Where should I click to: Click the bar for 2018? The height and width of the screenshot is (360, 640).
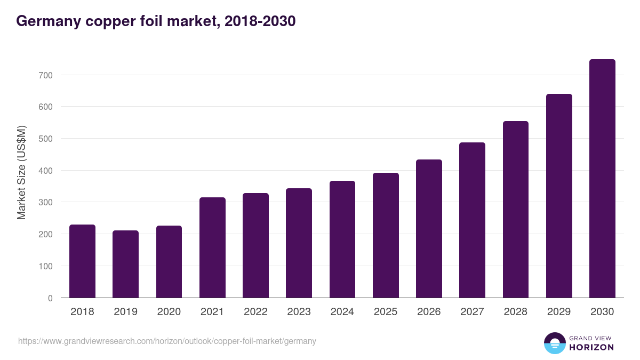82,261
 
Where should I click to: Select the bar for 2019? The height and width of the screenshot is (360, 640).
125,264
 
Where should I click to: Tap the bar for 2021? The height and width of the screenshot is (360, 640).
212,247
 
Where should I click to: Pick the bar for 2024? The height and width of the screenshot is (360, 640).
342,239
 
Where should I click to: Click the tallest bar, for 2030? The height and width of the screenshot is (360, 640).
602,179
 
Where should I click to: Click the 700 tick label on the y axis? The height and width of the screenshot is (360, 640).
45,75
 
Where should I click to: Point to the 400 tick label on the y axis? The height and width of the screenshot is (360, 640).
45,171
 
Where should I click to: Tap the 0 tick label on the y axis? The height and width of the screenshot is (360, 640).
50,298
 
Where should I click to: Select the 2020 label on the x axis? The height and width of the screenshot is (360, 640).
169,312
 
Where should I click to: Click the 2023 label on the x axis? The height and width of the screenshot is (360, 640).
299,312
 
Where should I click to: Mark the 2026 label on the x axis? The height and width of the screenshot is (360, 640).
429,312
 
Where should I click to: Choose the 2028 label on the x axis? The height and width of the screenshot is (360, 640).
516,312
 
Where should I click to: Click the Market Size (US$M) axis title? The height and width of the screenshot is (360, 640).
22,172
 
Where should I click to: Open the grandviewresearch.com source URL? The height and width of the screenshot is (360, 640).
167,341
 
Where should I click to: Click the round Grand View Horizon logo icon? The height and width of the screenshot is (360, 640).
554,343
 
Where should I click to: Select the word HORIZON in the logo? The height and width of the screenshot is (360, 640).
591,347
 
